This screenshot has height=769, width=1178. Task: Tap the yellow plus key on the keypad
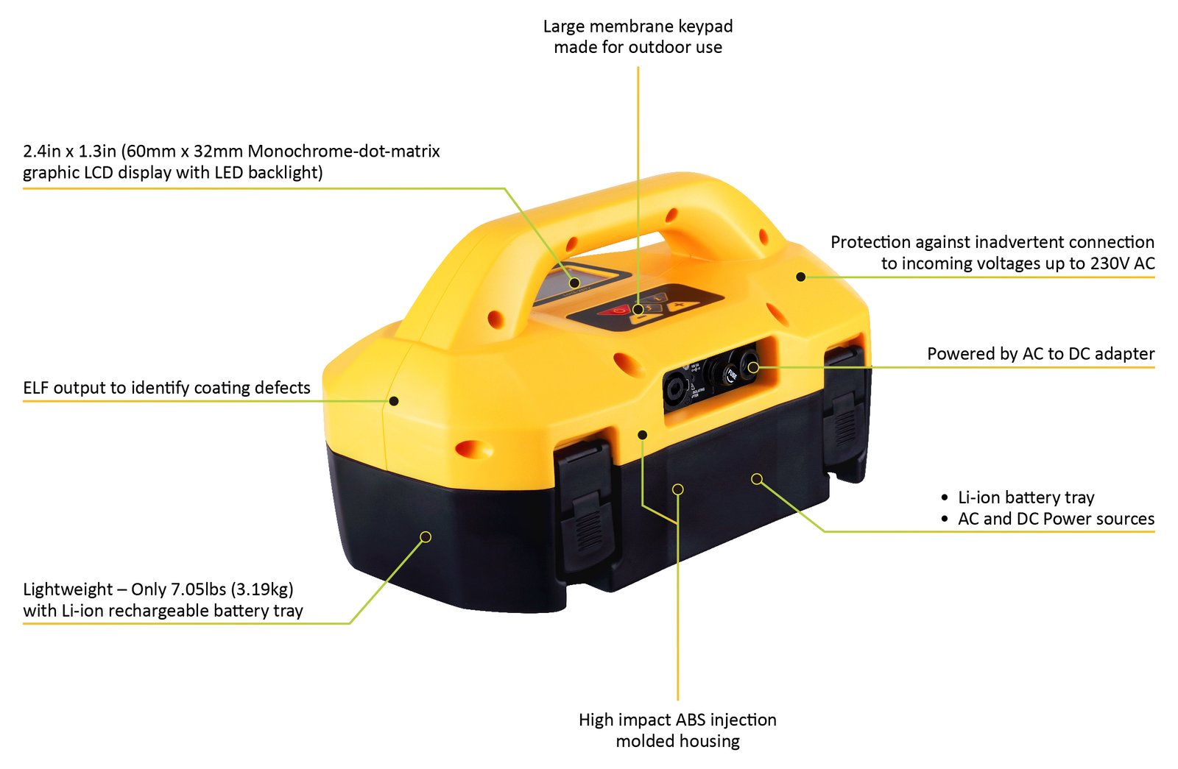tap(682, 305)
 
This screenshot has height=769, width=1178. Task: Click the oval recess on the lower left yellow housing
tap(474, 450)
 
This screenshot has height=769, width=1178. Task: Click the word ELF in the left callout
tap(36, 388)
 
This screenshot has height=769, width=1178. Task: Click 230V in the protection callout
tap(1110, 263)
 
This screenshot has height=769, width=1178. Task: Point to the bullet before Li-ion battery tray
tap(945, 497)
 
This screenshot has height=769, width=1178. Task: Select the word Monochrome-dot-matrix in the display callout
tap(344, 152)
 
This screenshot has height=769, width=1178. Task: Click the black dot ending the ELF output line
tap(393, 401)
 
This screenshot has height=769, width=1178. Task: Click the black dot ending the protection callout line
tap(800, 277)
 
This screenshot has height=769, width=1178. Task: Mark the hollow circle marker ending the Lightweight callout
tap(426, 536)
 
